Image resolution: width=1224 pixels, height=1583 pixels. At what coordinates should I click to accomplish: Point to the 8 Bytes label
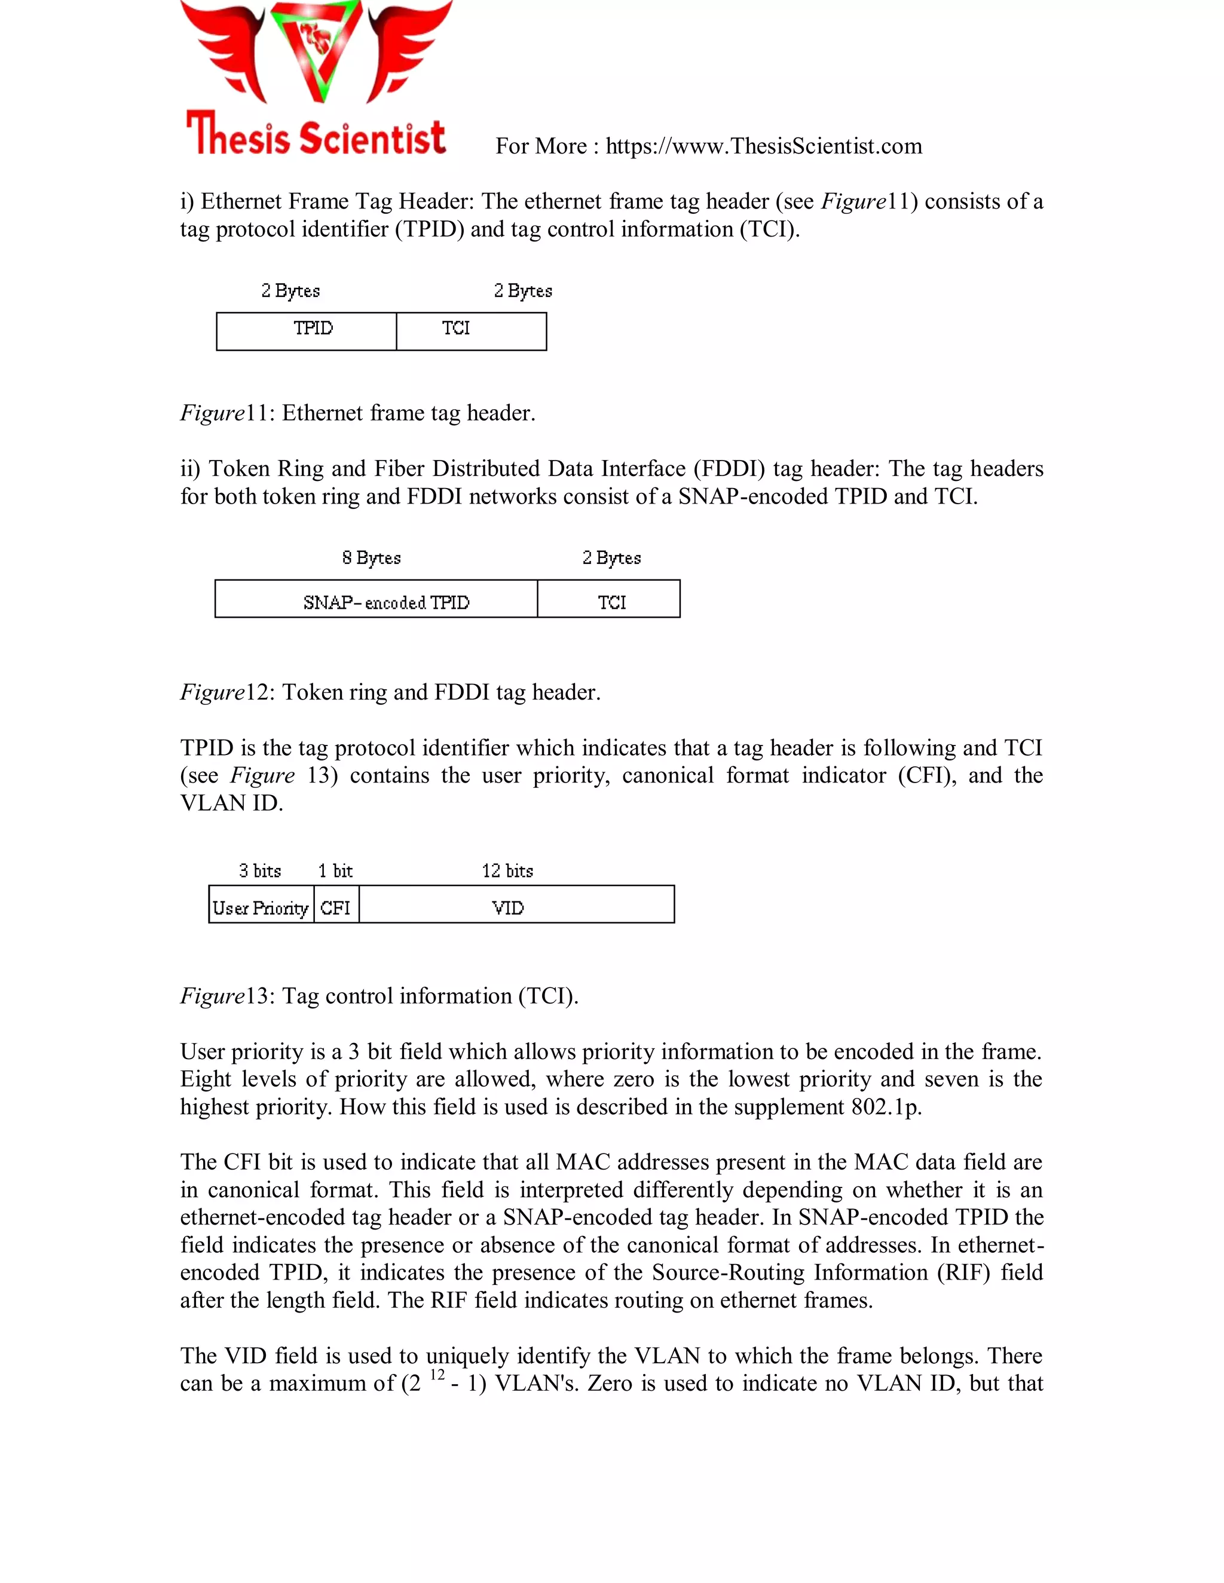[371, 557]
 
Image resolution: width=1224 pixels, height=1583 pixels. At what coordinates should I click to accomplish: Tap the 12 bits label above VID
[507, 870]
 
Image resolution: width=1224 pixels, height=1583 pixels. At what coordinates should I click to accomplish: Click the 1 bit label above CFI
[335, 870]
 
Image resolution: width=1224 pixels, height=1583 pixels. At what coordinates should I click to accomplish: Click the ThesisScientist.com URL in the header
[764, 146]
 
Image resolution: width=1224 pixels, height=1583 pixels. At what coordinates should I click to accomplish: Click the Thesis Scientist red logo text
[316, 135]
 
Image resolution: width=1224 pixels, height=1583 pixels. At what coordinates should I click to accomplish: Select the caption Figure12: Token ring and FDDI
[390, 692]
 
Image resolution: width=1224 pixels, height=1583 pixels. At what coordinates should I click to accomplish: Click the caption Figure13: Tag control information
[380, 996]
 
